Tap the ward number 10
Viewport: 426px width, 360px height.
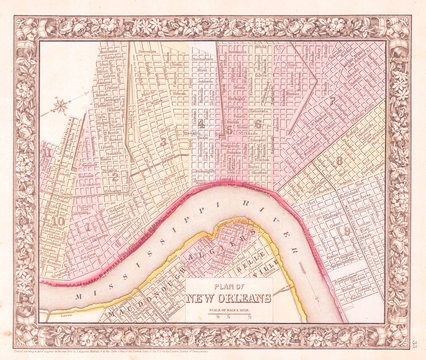60,220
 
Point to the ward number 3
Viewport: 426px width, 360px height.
162,141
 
